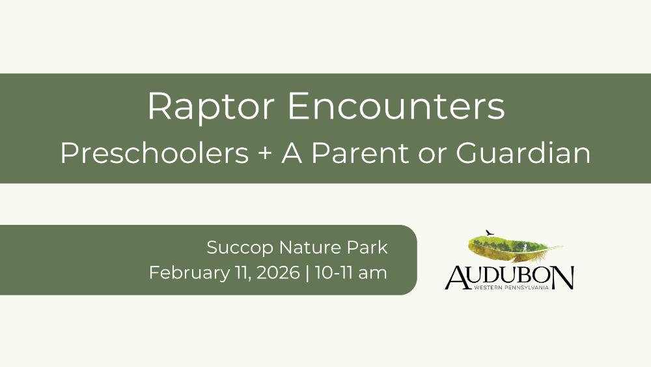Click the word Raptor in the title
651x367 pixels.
tap(211, 107)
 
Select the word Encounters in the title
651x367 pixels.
tap(396, 106)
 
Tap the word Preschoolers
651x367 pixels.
tap(155, 153)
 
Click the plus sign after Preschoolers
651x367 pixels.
tap(266, 154)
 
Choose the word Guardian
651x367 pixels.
tap(523, 153)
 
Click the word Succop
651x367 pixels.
tap(240, 248)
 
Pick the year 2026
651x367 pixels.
tap(278, 272)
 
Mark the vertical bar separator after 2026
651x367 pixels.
tap(307, 273)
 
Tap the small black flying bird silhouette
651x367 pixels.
tap(490, 233)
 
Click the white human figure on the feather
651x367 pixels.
tap(525, 248)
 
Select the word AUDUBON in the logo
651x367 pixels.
tap(510, 277)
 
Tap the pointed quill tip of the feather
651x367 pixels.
tap(562, 246)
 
